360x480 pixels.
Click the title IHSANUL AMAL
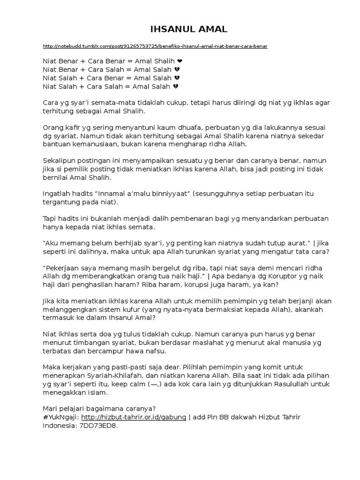(188, 29)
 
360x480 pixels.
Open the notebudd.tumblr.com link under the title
(155, 46)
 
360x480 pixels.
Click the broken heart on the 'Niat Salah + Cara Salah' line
(176, 86)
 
